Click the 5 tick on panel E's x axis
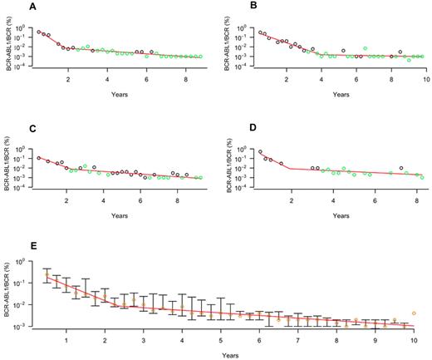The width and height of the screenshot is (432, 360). (x=220, y=340)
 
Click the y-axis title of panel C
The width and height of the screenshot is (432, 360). (x=7, y=166)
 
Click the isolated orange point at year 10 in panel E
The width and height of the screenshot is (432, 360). (x=414, y=313)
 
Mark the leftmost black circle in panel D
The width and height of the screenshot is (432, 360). (x=261, y=152)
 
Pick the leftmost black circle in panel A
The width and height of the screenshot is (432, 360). (x=39, y=32)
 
